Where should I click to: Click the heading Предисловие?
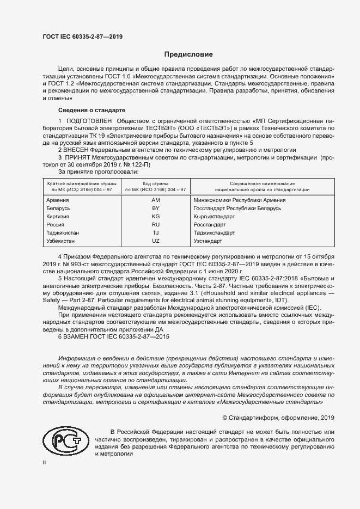[x=189, y=54]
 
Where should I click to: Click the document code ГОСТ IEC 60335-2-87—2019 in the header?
[x=82, y=36]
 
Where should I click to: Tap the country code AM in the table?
[x=155, y=200]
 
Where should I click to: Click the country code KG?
[x=155, y=216]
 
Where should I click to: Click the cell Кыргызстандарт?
[x=214, y=216]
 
